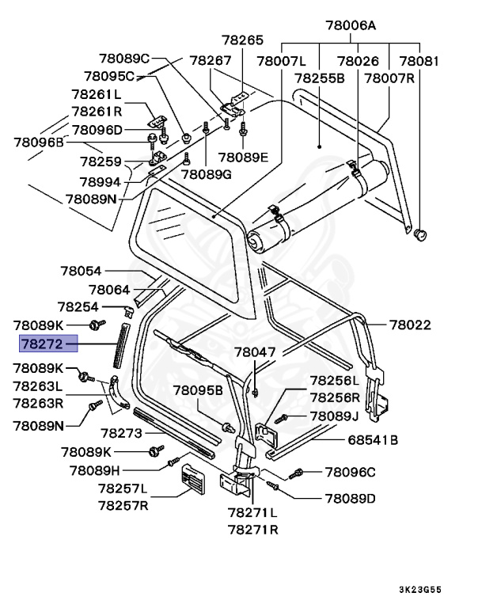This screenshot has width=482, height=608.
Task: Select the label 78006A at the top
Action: point(350,25)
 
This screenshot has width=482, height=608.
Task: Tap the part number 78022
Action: point(409,325)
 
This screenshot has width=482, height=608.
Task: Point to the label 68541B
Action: point(373,439)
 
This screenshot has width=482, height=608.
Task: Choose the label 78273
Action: point(121,433)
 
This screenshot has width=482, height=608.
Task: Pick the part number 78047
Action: point(254,351)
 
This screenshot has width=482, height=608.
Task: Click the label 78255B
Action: point(320,78)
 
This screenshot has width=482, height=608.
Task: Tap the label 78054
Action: point(81,272)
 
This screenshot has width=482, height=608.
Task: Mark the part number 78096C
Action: point(350,473)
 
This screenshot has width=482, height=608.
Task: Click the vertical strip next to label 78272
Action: point(120,345)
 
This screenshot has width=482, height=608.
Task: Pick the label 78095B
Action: point(199,390)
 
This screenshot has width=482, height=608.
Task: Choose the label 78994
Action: point(100,180)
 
